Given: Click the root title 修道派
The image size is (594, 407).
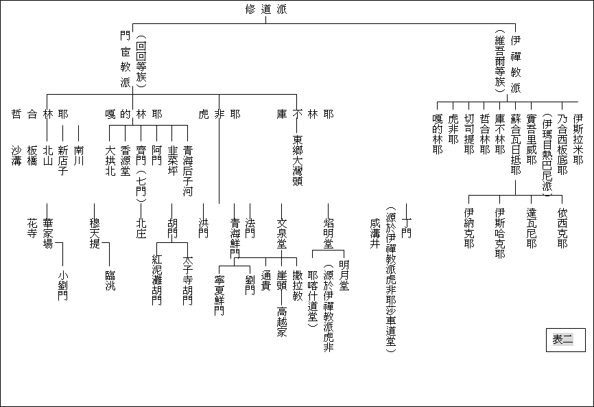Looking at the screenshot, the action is click(266, 9).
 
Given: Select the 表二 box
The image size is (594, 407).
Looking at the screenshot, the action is click(566, 340).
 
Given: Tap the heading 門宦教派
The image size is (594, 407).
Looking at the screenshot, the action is click(126, 59).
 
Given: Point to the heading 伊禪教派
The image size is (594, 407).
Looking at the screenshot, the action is click(516, 64).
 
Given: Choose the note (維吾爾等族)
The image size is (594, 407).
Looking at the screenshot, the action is click(500, 62).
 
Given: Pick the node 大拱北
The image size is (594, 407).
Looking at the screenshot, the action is click(110, 161).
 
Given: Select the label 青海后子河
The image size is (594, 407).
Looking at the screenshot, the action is click(188, 171).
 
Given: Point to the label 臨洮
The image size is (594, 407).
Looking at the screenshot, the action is click(110, 281).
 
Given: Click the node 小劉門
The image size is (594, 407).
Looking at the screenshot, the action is click(63, 286).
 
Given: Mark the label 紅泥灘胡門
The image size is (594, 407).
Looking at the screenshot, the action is click(157, 280).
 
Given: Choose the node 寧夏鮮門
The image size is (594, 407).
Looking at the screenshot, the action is click(219, 296).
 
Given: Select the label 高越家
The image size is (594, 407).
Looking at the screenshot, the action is click(282, 322).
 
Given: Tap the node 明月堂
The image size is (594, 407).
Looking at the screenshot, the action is click(344, 275).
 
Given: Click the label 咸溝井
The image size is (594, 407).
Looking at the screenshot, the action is click(375, 233).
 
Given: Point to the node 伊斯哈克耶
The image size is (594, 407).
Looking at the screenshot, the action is click(500, 233).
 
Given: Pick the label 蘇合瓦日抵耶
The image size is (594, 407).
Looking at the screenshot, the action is click(516, 144).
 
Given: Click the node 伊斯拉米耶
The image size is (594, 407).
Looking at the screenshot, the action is click(578, 139).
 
